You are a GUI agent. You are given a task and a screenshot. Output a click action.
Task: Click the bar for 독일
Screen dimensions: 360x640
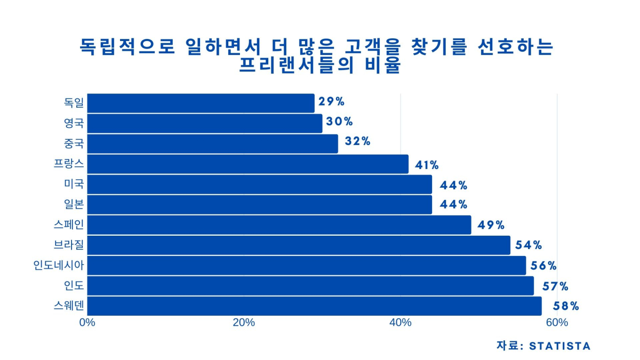201,103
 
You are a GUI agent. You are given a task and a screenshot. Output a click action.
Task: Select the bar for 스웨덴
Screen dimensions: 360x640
314,306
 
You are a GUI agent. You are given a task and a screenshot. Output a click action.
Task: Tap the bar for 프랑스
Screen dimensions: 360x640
247,164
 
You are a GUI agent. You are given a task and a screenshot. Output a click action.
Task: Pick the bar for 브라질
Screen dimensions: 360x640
299,245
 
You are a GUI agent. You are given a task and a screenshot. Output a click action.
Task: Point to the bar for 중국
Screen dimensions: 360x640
212,144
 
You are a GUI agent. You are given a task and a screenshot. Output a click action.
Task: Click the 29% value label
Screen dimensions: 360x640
331,102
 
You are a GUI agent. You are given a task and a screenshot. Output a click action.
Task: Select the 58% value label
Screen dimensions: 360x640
566,306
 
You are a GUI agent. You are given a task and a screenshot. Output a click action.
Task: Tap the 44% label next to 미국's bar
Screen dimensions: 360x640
454,185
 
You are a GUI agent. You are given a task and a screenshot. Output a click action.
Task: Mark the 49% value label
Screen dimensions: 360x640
491,225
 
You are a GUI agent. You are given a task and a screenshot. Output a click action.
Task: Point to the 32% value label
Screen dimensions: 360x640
357,141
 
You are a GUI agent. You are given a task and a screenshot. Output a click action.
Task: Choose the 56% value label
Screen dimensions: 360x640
544,266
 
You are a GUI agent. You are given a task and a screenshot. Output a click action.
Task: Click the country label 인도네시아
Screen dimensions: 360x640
59,265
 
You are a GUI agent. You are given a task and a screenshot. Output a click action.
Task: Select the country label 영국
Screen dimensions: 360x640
74,124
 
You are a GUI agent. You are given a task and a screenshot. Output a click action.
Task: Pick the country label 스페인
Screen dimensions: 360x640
69,225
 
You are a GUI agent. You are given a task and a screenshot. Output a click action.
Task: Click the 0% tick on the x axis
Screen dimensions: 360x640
87,323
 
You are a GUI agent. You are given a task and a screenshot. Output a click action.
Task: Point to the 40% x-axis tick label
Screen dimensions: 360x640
401,323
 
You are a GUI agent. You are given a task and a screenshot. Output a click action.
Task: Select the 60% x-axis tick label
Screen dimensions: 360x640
557,323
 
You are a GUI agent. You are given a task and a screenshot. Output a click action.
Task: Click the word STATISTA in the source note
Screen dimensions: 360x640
559,346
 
